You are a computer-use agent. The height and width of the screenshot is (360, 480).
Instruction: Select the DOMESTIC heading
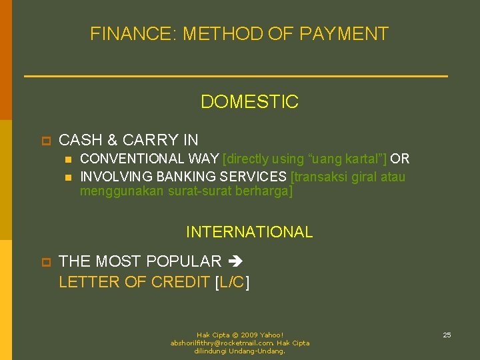pyautogui.click(x=249, y=102)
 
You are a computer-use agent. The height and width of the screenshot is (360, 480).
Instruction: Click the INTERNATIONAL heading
pyautogui.click(x=249, y=232)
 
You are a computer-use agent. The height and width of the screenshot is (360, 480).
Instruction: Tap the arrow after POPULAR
pyautogui.click(x=237, y=261)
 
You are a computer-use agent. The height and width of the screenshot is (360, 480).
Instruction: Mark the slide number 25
pyautogui.click(x=447, y=335)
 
